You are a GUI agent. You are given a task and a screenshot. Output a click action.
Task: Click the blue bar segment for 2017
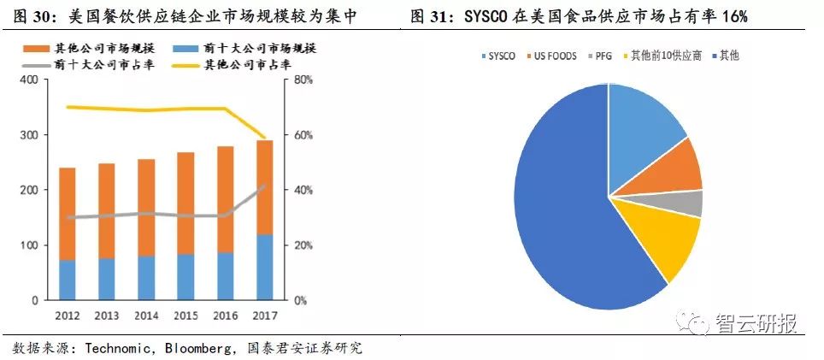(265, 267)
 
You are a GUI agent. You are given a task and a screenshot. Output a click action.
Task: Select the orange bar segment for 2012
(67, 214)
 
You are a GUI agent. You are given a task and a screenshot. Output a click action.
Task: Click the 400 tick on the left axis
(29, 80)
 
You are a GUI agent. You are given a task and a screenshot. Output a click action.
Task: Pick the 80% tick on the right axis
(303, 80)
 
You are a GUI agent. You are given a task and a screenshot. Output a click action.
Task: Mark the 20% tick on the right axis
(303, 245)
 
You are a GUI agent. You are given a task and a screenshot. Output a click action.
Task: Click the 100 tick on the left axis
(29, 245)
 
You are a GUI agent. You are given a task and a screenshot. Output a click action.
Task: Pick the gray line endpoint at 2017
(265, 185)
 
